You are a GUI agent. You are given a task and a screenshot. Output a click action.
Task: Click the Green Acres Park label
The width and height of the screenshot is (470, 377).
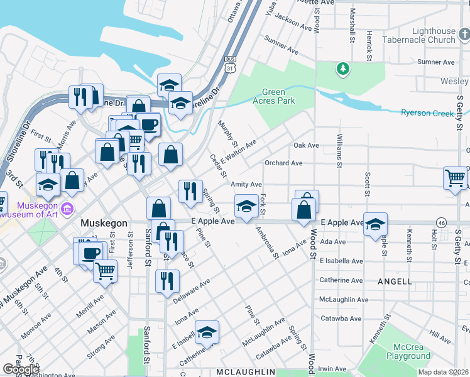[273, 96]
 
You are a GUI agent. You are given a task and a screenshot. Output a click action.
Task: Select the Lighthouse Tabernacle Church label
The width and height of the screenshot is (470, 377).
[434, 35]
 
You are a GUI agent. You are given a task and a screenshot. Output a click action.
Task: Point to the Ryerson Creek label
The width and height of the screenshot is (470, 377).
[427, 113]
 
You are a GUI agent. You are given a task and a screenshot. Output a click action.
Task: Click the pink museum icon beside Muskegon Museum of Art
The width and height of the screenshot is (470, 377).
[67, 208]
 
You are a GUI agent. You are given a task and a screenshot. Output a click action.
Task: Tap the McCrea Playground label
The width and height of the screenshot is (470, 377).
[408, 351]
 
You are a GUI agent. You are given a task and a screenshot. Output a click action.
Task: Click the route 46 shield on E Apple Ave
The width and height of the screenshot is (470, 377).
[442, 222]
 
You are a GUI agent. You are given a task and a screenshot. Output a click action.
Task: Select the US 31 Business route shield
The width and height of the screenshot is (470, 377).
[230, 63]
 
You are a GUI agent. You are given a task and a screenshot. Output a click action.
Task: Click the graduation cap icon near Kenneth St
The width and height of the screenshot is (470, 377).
[374, 224]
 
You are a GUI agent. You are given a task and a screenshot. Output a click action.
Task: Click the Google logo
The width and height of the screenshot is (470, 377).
[21, 369]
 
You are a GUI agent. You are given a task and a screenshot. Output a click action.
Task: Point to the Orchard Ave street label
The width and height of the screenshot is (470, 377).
[283, 163]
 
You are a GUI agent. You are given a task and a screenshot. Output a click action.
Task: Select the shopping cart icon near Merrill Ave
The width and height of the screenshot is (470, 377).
[106, 270]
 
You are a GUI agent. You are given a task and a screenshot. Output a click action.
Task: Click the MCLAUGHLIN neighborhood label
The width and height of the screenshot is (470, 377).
[245, 372]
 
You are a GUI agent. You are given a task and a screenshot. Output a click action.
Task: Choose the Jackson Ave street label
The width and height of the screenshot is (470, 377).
[293, 24]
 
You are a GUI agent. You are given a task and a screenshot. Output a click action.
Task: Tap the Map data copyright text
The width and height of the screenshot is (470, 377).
[444, 372]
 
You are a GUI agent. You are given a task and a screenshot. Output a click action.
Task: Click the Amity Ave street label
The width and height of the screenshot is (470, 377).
[246, 184]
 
